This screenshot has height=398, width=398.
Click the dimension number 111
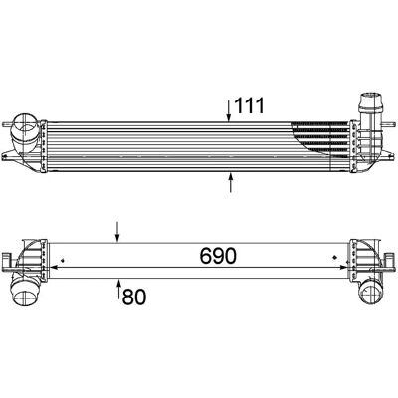click(x=249, y=105)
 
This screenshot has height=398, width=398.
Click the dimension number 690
click(x=218, y=256)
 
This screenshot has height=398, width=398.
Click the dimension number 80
click(x=134, y=297)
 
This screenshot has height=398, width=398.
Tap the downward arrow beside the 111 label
click(x=229, y=110)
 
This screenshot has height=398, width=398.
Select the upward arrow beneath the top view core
click(x=231, y=182)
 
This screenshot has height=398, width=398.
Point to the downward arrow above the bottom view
click(x=117, y=232)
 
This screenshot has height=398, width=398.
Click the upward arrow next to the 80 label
click(x=119, y=290)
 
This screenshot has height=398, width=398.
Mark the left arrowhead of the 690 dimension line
click(x=53, y=267)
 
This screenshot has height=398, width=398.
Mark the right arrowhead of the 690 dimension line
click(x=343, y=267)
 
